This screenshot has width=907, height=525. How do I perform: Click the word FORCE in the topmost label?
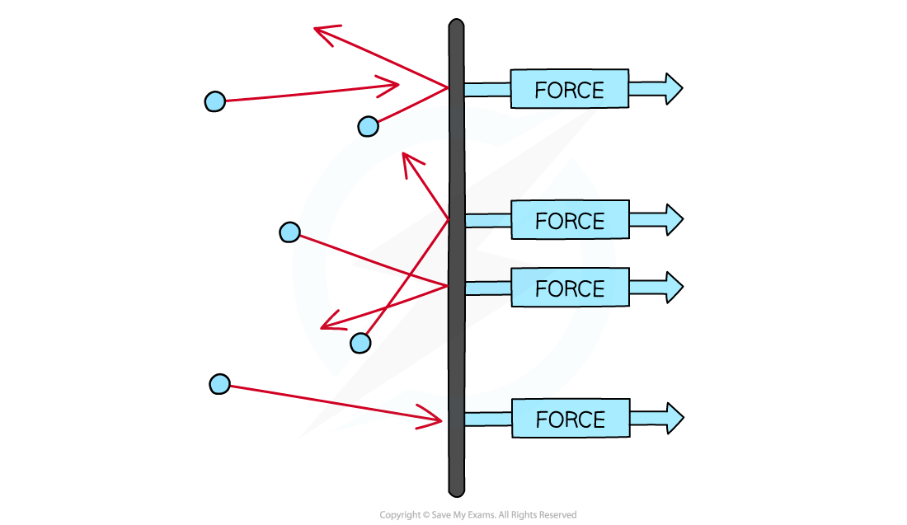pyautogui.click(x=569, y=90)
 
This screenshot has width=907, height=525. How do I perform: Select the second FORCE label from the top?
pyautogui.click(x=570, y=221)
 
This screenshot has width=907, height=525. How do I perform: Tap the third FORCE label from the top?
pyautogui.click(x=570, y=288)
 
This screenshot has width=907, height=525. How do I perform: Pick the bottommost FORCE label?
pyautogui.click(x=570, y=420)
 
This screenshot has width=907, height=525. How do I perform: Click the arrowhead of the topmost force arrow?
pyautogui.click(x=673, y=88)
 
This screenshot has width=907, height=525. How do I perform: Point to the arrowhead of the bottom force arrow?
pyautogui.click(x=674, y=418)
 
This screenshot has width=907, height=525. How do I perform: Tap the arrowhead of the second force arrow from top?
pyautogui.click(x=674, y=219)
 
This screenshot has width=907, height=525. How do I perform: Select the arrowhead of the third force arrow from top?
pyautogui.click(x=674, y=287)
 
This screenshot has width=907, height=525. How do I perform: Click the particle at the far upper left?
pyautogui.click(x=214, y=101)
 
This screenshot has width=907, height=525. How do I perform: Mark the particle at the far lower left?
pyautogui.click(x=219, y=384)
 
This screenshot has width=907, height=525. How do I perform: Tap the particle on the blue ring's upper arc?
pyautogui.click(x=368, y=126)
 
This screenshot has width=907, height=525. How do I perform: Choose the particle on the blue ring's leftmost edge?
pyautogui.click(x=289, y=232)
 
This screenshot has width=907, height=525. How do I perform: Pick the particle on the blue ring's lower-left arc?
pyautogui.click(x=360, y=343)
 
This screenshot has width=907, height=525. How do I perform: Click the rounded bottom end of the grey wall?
pyautogui.click(x=457, y=489)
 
